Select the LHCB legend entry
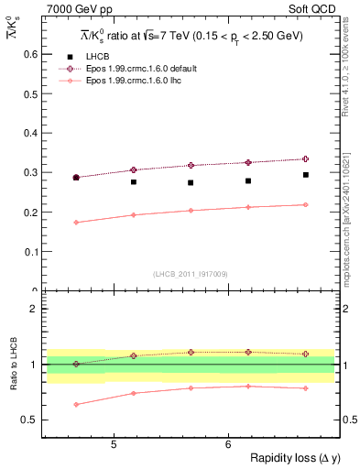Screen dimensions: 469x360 (96, 57)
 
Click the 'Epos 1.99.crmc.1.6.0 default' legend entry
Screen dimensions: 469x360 (143, 69)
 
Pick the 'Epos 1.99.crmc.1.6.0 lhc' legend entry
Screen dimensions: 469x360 (136, 81)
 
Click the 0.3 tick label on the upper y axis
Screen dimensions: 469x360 (29, 172)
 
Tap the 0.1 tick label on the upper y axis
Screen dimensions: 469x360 (29, 251)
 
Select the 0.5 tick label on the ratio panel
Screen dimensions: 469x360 (29, 420)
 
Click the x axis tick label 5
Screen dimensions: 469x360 (113, 445)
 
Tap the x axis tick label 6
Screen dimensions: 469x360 (227, 445)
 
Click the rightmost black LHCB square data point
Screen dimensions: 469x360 (306, 175)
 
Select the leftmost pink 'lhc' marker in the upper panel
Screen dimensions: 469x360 (76, 223)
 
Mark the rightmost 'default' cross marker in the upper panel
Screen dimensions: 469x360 (306, 158)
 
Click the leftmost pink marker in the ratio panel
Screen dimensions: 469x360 (76, 404)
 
